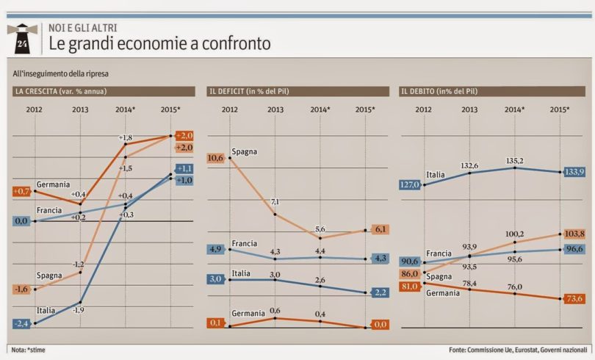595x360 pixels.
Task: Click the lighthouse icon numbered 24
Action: click(23, 38)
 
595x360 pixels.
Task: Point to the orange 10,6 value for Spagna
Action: click(216, 157)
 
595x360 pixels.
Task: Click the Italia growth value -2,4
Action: click(22, 323)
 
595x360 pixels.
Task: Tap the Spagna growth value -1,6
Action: click(22, 289)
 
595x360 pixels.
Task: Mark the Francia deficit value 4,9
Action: click(215, 248)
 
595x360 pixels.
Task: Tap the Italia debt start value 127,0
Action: click(410, 185)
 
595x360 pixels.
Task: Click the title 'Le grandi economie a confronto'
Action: click(159, 44)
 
